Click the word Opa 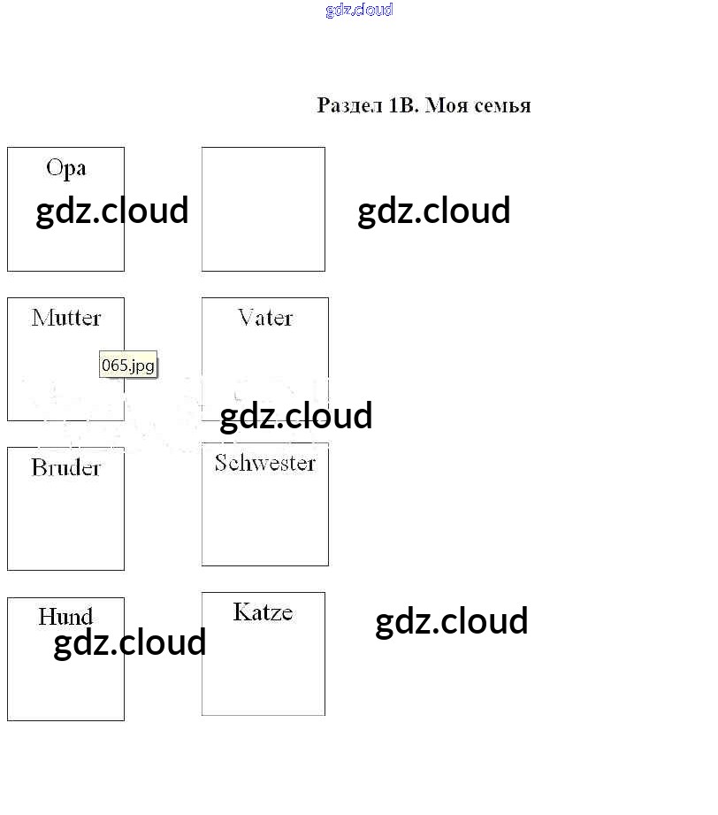pyautogui.click(x=66, y=168)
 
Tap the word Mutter pyautogui.click(x=66, y=318)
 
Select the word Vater pyautogui.click(x=265, y=318)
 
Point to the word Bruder pyautogui.click(x=66, y=467)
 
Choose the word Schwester pyautogui.click(x=265, y=463)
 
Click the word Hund pyautogui.click(x=65, y=616)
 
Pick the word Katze pyautogui.click(x=263, y=611)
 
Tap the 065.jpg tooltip pyautogui.click(x=128, y=365)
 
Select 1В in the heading pyautogui.click(x=402, y=106)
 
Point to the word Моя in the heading pyautogui.click(x=446, y=106)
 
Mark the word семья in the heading pyautogui.click(x=501, y=106)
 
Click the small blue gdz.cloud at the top pyautogui.click(x=359, y=11)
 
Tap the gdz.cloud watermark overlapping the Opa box pyautogui.click(x=112, y=211)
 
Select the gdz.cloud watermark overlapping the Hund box pyautogui.click(x=130, y=642)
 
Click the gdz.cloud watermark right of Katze pyautogui.click(x=452, y=621)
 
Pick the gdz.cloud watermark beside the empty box pyautogui.click(x=434, y=211)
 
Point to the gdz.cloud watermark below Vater pyautogui.click(x=296, y=416)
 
